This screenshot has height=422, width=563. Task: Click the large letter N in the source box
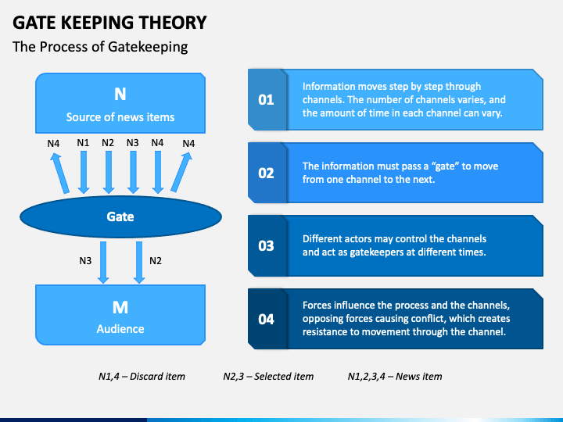click(x=120, y=95)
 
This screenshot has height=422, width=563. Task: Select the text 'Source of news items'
click(x=120, y=117)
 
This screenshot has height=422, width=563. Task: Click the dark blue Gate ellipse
click(x=120, y=216)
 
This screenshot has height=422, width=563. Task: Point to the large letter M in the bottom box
click(x=120, y=306)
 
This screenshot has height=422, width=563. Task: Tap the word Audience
click(x=120, y=329)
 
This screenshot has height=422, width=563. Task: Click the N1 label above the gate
click(x=83, y=143)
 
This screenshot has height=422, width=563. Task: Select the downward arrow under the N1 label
click(x=84, y=172)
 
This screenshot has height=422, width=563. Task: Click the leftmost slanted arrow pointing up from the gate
click(x=59, y=172)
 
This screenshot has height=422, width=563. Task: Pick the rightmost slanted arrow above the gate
click(x=181, y=172)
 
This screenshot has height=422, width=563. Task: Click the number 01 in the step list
click(x=266, y=99)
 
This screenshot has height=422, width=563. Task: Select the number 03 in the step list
click(x=266, y=245)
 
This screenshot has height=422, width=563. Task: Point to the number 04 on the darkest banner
click(x=266, y=319)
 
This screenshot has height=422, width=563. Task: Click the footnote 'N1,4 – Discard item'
click(x=142, y=377)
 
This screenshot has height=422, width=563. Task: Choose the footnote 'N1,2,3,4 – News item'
click(x=394, y=377)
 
